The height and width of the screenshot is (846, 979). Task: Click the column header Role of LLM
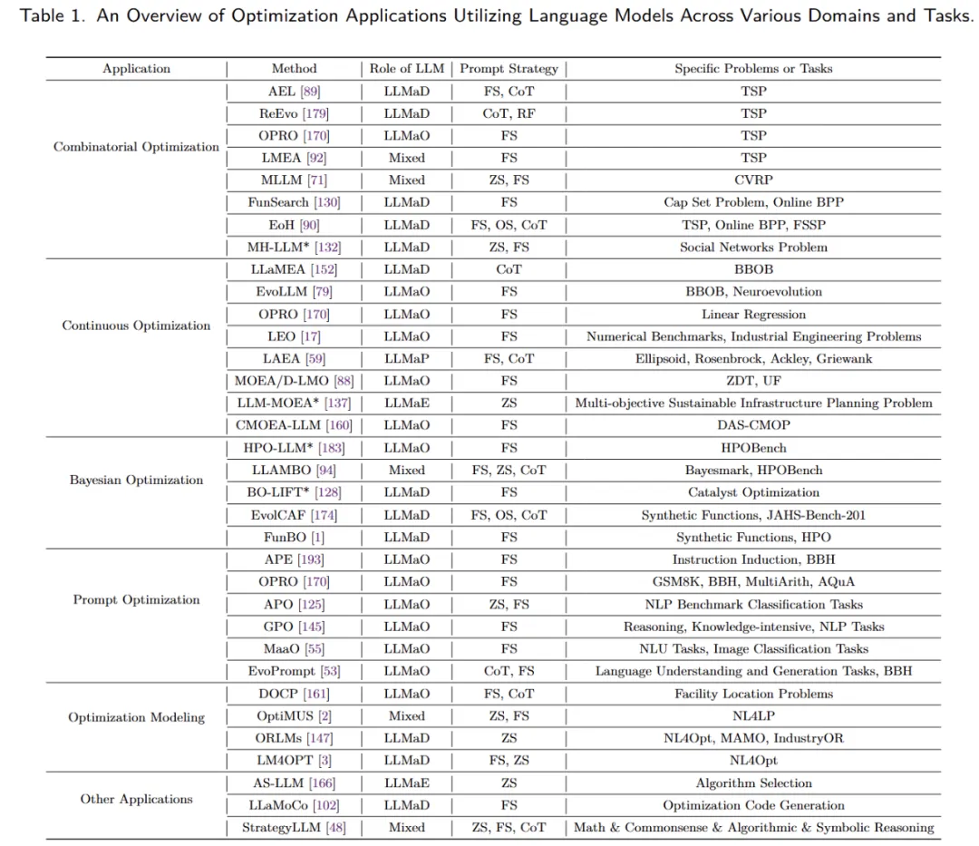(x=406, y=69)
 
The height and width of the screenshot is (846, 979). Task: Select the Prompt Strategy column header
(x=509, y=69)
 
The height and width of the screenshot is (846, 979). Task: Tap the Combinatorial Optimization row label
(x=136, y=147)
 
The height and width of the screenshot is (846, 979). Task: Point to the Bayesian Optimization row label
(x=136, y=480)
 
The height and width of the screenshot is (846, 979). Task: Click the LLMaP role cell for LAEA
(x=406, y=358)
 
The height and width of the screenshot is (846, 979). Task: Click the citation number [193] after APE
(x=311, y=559)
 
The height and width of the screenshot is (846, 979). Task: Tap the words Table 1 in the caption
(x=46, y=17)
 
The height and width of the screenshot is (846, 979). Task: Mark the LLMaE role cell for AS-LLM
(x=406, y=783)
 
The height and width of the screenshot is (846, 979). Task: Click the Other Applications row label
(x=136, y=799)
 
